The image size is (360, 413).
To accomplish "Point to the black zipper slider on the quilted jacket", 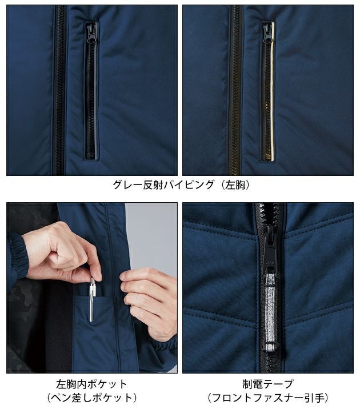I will [270, 243].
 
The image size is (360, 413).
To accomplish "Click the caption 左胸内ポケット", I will [92, 384].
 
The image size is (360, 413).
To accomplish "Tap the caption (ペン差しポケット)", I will [92, 398].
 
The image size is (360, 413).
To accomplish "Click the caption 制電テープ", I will [268, 384].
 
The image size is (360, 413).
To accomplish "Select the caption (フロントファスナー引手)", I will [268, 398].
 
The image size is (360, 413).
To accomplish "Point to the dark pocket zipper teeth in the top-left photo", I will [90, 103].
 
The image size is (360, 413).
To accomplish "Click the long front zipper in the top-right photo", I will [235, 91].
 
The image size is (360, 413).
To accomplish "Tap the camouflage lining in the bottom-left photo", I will [26, 320].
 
